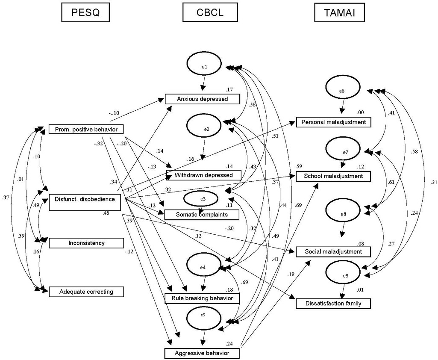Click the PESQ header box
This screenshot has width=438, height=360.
pos(86,13)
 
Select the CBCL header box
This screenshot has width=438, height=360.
pos(210,13)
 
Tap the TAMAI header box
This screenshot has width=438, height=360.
pos(340,13)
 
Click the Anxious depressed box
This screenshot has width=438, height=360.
pos(203,99)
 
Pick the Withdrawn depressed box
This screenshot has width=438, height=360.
pos(204,175)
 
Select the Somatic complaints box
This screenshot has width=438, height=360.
pos(202,214)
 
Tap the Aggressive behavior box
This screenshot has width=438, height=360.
pos(202,353)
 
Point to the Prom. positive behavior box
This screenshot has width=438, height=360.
pos(86,129)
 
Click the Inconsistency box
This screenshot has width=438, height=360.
pos(86,243)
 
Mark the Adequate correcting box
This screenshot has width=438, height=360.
pos(86,292)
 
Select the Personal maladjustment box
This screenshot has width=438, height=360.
pos(334,122)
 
